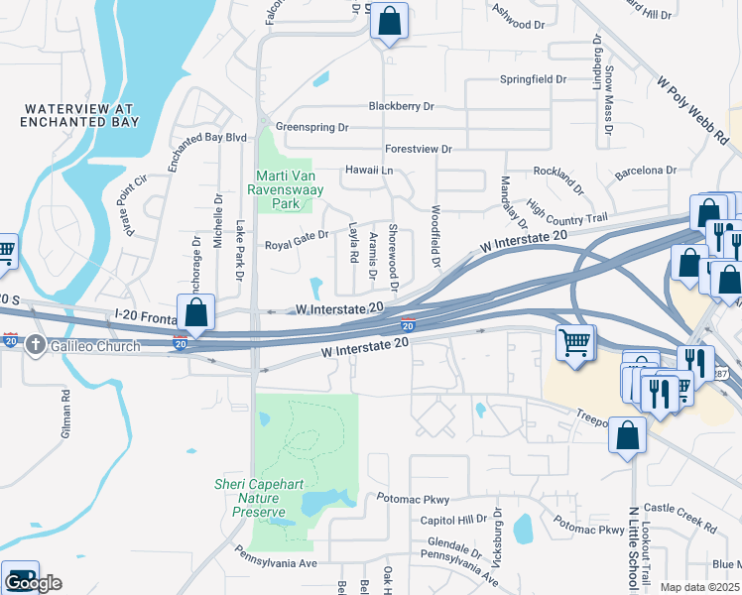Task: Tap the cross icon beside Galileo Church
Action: (36, 344)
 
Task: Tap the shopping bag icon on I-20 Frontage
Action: (196, 311)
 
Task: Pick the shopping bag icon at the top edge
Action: (390, 21)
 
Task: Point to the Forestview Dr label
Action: (418, 149)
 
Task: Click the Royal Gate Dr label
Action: (296, 246)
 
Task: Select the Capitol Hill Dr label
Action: (453, 519)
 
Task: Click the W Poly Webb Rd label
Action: (694, 103)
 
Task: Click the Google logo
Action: (33, 582)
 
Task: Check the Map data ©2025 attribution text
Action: (699, 587)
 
